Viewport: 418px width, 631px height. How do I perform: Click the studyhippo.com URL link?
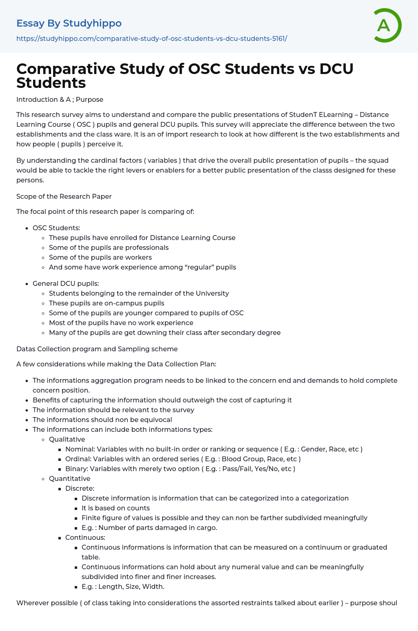click(x=151, y=38)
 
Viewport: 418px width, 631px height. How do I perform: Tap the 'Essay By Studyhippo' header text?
click(x=69, y=23)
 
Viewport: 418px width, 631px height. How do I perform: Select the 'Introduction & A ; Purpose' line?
click(x=60, y=99)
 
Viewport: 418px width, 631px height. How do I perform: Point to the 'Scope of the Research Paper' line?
click(x=64, y=196)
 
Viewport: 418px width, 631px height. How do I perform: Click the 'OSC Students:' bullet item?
click(x=56, y=228)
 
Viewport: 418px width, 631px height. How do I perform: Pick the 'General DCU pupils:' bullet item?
click(x=66, y=283)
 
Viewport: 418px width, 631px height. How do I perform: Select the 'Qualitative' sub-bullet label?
click(x=67, y=439)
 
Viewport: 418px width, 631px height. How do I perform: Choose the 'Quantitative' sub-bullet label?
click(x=69, y=478)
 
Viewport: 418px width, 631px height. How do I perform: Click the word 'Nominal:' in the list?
click(x=80, y=449)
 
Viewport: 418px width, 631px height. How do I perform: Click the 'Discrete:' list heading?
click(x=80, y=488)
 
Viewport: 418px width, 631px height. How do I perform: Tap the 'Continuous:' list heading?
click(x=85, y=537)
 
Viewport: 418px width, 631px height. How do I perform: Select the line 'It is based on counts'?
click(x=116, y=508)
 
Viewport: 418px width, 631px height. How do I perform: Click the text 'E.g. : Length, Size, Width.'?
click(x=123, y=586)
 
